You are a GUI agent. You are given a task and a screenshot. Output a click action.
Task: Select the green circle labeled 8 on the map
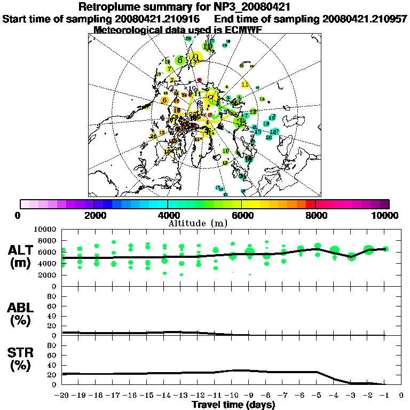click(x=181, y=61)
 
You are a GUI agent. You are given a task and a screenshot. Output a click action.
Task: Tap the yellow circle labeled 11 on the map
click(x=246, y=84)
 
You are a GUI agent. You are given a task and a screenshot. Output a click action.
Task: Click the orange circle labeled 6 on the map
click(x=164, y=100)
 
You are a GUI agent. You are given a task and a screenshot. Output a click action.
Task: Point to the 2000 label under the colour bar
click(x=94, y=216)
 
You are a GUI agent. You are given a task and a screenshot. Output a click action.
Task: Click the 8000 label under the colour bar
click(x=316, y=216)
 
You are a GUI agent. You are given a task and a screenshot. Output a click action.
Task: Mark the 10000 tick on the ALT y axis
click(x=46, y=230)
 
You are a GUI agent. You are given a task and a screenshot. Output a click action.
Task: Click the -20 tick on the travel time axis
click(x=62, y=396)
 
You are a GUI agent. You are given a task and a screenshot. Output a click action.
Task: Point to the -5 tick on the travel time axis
click(x=317, y=396)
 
